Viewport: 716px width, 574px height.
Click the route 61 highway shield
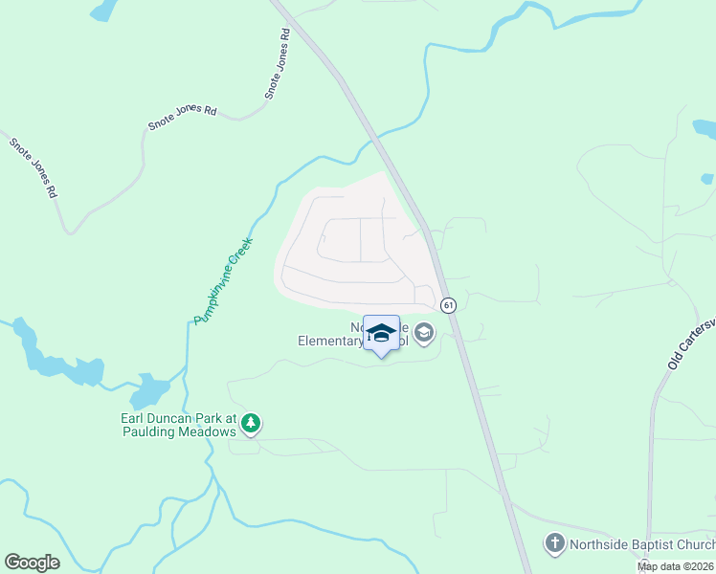(447, 304)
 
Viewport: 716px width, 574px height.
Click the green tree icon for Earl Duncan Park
(251, 423)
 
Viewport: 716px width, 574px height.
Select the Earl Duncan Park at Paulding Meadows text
(178, 425)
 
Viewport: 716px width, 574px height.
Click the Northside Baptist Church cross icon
(553, 544)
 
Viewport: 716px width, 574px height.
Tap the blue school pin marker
(381, 334)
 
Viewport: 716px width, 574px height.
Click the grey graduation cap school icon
(424, 334)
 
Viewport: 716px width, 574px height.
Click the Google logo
(32, 563)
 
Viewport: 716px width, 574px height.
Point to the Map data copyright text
(676, 566)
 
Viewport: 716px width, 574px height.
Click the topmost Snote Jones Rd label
(278, 64)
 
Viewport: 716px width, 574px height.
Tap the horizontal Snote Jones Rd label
(183, 118)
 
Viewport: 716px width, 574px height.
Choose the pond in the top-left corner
(102, 10)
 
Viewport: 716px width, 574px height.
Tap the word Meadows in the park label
(205, 431)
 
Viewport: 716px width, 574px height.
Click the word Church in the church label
(691, 545)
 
